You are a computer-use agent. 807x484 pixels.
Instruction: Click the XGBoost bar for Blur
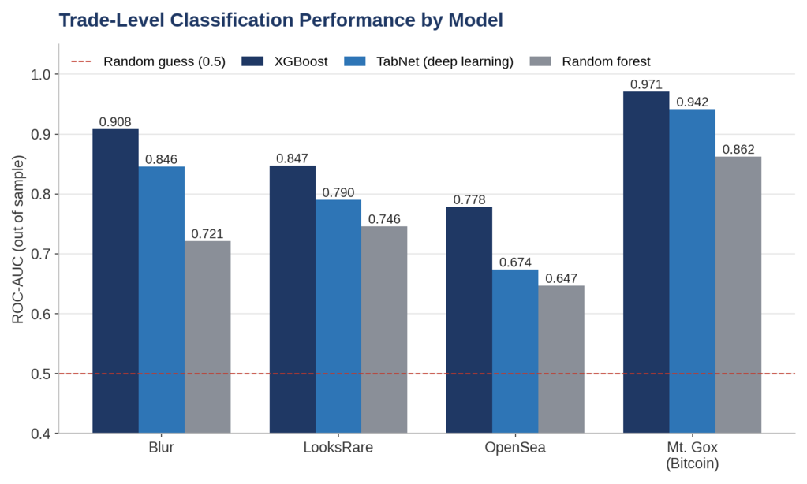[115, 281]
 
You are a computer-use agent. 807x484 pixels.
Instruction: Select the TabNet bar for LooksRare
[338, 316]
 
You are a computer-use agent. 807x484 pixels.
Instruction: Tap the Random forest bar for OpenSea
[561, 359]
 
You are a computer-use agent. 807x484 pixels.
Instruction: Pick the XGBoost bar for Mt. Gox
[646, 262]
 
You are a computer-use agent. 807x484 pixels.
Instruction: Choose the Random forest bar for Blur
[207, 337]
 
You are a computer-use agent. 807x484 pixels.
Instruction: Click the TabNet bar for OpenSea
[515, 352]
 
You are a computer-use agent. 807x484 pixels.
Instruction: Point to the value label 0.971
[646, 84]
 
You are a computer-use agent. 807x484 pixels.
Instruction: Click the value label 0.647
[561, 278]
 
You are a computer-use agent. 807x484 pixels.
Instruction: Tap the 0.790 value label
[338, 192]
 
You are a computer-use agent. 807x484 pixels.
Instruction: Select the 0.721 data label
[207, 234]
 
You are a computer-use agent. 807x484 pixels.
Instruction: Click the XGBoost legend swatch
[252, 61]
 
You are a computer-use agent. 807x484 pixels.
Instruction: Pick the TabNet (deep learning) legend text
[445, 61]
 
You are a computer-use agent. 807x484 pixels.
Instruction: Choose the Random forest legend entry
[590, 61]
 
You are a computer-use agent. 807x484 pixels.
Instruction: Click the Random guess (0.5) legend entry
[148, 61]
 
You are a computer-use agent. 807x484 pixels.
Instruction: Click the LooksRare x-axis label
[338, 447]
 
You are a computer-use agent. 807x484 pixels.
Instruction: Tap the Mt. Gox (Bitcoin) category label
[693, 455]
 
